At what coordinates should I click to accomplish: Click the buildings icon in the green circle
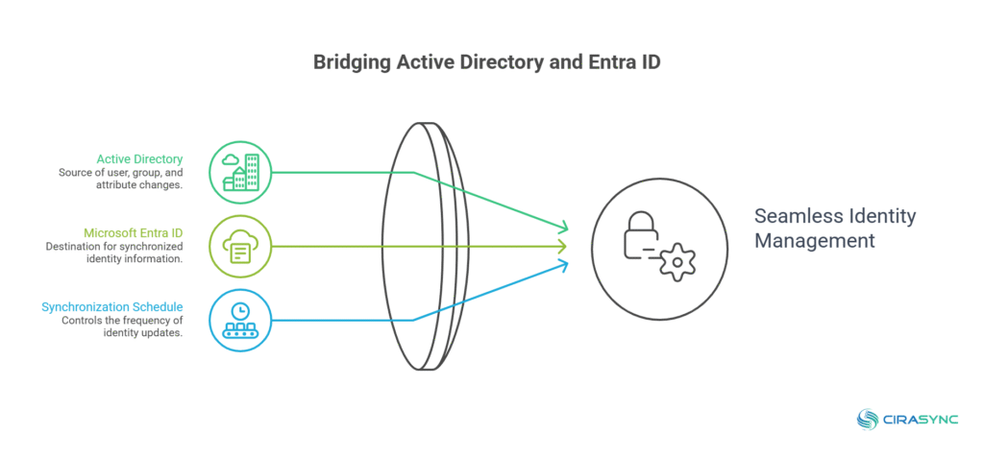pyautogui.click(x=240, y=173)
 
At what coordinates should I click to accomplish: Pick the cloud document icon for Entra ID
pyautogui.click(x=240, y=247)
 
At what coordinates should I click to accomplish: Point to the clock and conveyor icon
pyautogui.click(x=240, y=321)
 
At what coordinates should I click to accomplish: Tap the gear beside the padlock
pyautogui.click(x=678, y=260)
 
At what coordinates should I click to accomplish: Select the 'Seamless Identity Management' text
pyautogui.click(x=834, y=229)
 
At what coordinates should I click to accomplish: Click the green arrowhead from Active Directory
pyautogui.click(x=563, y=229)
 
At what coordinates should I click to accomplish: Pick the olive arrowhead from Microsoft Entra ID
pyautogui.click(x=563, y=247)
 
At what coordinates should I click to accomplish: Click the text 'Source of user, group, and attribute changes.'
pyautogui.click(x=119, y=179)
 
